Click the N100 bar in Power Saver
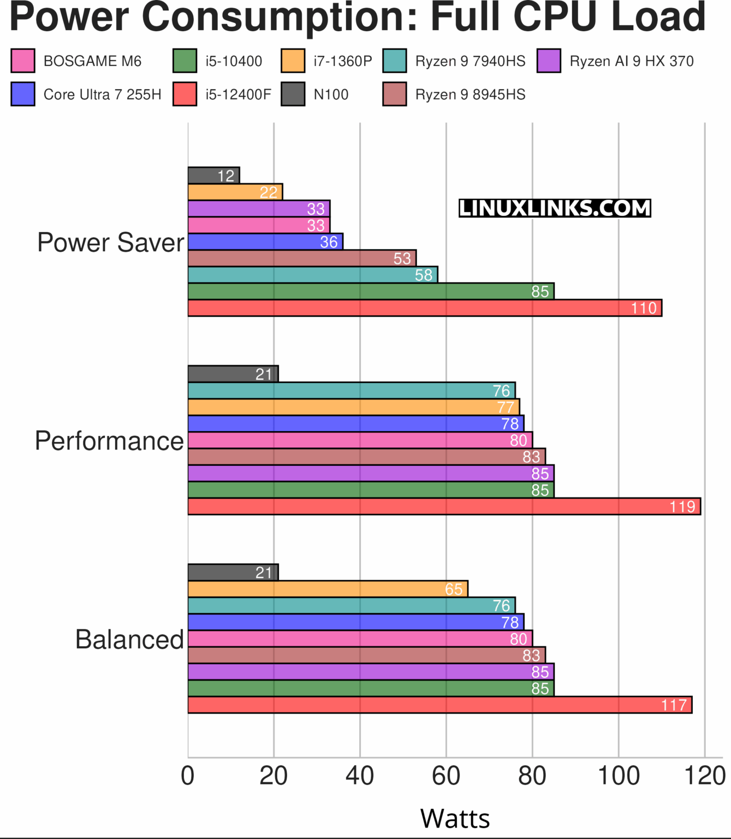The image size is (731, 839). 213,175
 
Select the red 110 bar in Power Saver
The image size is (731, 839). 424,308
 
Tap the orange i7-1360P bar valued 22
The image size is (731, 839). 235,192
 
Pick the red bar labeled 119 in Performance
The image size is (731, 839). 443,506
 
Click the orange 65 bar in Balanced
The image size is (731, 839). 328,589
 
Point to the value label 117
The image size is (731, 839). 674,705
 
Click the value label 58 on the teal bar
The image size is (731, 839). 424,275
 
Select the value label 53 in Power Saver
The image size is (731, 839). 402,258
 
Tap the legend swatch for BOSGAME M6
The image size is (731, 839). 23,61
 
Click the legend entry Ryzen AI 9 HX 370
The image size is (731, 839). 631,61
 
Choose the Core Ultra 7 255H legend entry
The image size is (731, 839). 102,94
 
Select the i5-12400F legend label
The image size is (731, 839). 238,94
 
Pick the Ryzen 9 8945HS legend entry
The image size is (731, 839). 470,94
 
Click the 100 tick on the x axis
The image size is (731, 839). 619,776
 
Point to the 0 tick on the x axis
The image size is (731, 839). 188,776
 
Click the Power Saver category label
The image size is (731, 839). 111,242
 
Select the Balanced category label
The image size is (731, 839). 129,639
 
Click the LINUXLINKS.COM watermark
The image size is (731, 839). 555,208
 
